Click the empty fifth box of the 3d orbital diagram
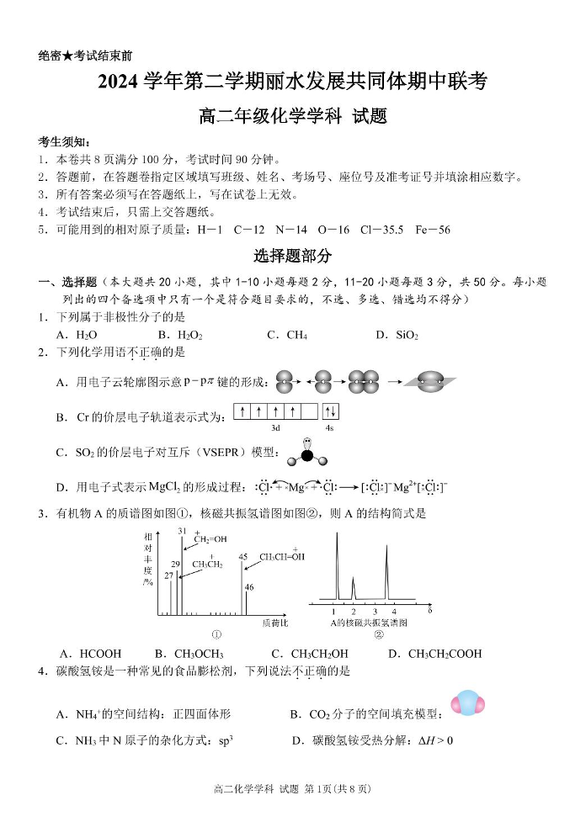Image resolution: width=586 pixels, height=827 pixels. pyautogui.click(x=309, y=412)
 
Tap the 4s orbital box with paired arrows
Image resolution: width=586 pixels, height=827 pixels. pyautogui.click(x=330, y=412)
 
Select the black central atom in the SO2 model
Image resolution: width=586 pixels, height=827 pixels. pyautogui.click(x=307, y=455)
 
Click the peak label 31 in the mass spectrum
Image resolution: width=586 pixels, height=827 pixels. pyautogui.click(x=182, y=532)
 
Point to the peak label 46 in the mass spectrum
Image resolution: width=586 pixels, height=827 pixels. pyautogui.click(x=249, y=587)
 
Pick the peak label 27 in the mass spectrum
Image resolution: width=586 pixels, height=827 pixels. pyautogui.click(x=169, y=575)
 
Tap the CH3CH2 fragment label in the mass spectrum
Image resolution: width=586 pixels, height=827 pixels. pyautogui.click(x=207, y=565)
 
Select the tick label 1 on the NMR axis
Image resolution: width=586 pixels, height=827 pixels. pyautogui.click(x=334, y=611)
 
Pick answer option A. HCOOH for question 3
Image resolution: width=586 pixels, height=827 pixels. pyautogui.click(x=90, y=654)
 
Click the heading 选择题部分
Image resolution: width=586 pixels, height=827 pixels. pyautogui.click(x=292, y=256)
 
